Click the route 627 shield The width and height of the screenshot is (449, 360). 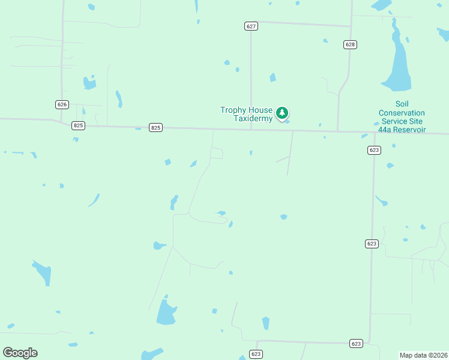(x=251, y=26)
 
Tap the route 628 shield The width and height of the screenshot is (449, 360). (x=351, y=44)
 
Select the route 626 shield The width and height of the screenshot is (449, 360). (x=62, y=104)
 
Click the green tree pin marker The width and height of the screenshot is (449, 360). (x=282, y=112)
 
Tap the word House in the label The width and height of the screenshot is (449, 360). (x=261, y=110)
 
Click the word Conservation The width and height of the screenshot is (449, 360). (x=402, y=113)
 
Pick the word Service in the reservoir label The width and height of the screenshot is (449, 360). (x=394, y=121)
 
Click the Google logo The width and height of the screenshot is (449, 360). (x=20, y=353)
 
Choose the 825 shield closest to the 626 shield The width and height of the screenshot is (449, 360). (x=78, y=125)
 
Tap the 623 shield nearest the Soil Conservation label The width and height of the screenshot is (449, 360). (x=374, y=150)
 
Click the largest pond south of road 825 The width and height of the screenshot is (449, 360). (x=166, y=313)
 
